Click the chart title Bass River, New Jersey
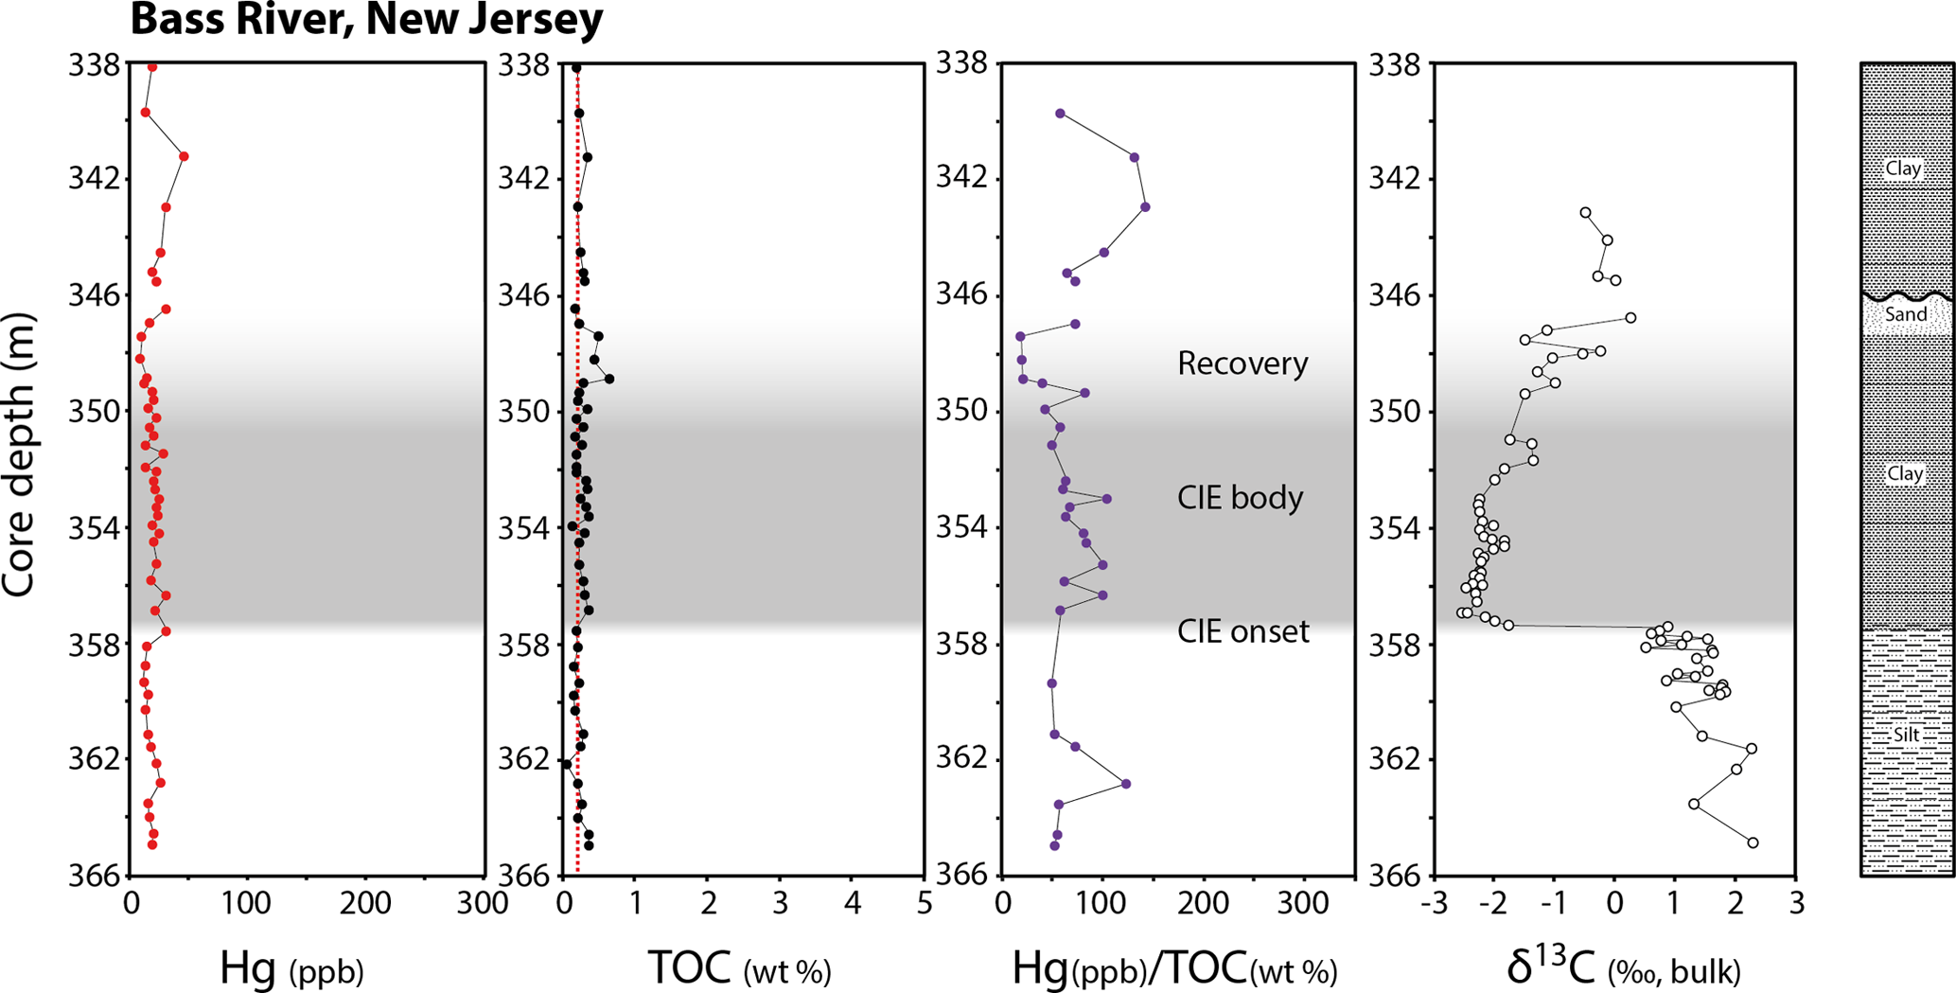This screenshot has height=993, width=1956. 366,19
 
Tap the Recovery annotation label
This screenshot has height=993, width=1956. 1242,364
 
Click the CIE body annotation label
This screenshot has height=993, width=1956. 1240,498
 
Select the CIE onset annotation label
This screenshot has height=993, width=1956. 1242,631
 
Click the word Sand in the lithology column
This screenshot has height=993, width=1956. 1905,314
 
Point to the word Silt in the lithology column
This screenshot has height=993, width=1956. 1907,735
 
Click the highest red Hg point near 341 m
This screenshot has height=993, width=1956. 184,156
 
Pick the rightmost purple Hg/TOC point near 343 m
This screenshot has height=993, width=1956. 1145,206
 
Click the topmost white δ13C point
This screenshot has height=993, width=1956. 1586,213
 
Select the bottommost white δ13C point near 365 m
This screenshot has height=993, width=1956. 1753,842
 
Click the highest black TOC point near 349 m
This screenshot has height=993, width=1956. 609,379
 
